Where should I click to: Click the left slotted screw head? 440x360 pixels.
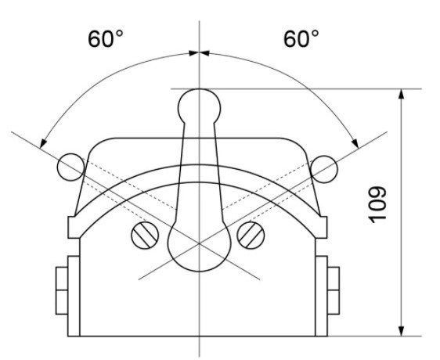tap(144, 233)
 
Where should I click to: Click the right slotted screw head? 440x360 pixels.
tap(252, 233)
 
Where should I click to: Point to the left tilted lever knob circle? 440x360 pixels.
tap(69, 164)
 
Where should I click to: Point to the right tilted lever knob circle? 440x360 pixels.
tap(324, 165)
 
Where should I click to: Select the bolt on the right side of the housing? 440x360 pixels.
tap(334, 288)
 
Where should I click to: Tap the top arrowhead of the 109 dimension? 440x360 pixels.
tap(402, 95)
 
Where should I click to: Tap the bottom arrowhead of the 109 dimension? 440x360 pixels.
tap(402, 329)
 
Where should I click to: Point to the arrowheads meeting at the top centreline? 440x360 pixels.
tap(199, 52)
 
